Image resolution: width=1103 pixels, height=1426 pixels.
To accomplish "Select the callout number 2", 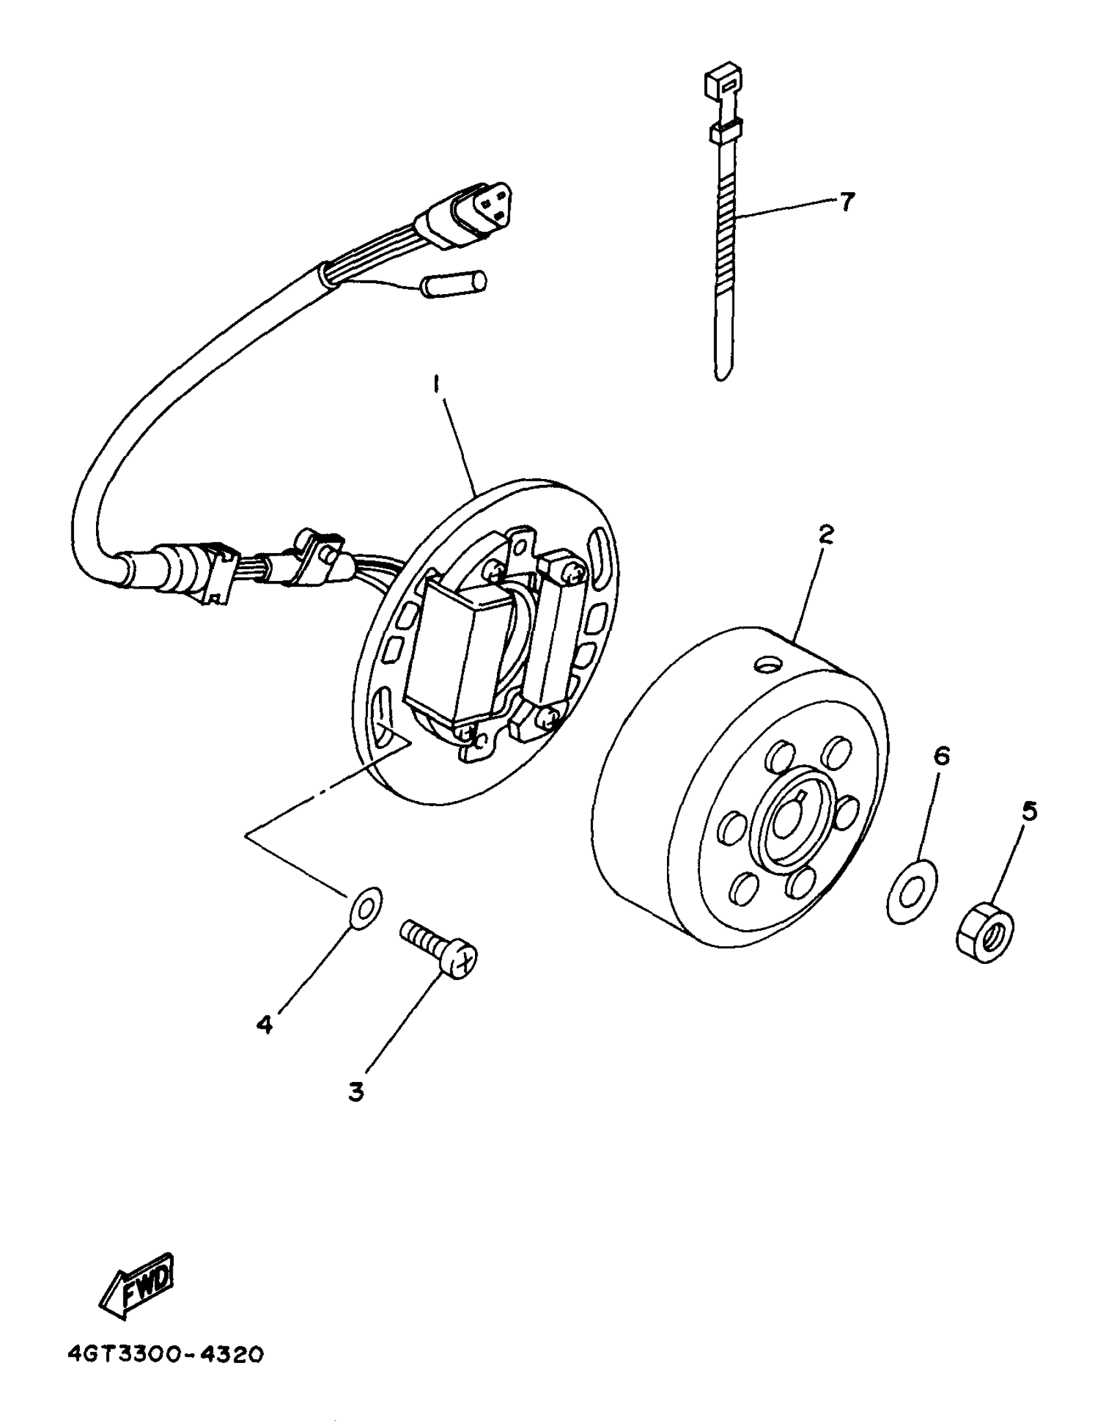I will tap(825, 534).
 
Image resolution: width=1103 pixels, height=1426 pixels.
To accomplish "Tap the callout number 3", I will tap(356, 1090).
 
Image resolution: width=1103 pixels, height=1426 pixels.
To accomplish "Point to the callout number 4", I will tap(263, 1024).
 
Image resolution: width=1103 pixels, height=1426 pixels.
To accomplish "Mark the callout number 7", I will tap(847, 201).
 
